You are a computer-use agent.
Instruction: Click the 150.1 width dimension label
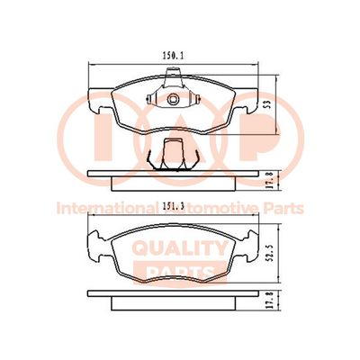point(173,56)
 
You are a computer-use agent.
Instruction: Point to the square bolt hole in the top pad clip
point(173,99)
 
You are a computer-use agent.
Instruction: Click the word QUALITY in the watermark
point(180,248)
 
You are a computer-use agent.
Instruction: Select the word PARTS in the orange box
point(180,272)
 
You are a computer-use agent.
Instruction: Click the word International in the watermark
point(107,208)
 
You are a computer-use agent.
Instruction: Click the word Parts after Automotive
point(283,208)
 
